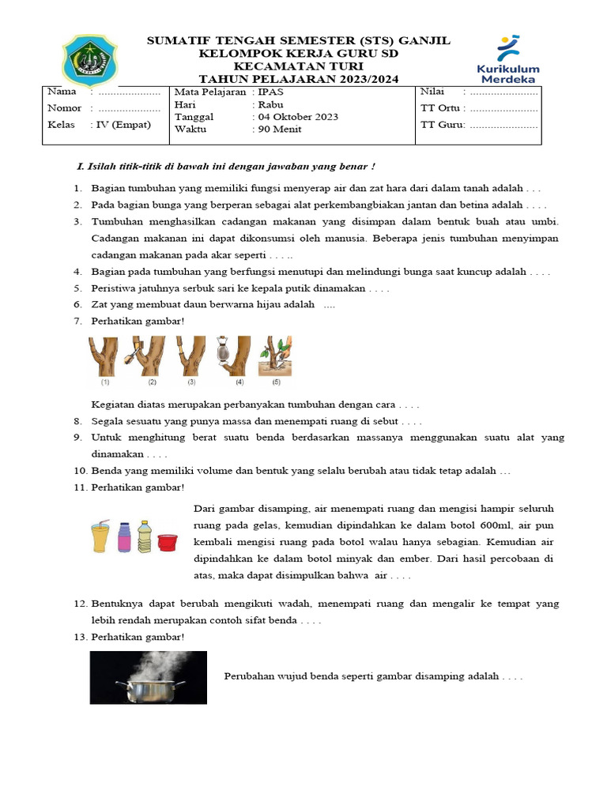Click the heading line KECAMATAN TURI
point(298,66)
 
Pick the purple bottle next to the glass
point(124,537)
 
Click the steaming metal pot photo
point(149,677)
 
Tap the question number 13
point(80,637)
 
